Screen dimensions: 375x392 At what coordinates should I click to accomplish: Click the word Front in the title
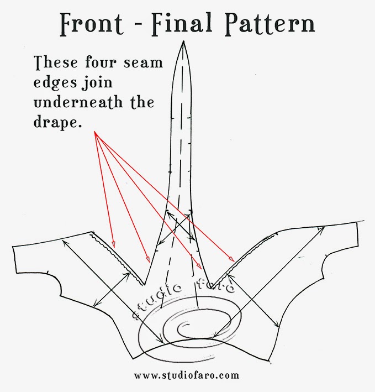[92, 24]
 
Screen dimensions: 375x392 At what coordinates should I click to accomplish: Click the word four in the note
[101, 62]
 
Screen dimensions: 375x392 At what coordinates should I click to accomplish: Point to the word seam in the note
[143, 63]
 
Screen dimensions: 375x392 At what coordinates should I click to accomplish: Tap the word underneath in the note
[78, 102]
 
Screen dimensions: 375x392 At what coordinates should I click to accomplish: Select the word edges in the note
[55, 83]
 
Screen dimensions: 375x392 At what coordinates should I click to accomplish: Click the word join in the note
[97, 82]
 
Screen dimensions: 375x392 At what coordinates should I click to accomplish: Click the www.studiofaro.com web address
[187, 375]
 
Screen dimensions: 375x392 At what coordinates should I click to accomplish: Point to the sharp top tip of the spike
[183, 41]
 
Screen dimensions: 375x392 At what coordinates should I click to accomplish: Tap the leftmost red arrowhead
[114, 244]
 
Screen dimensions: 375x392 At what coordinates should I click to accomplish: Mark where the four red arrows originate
[95, 132]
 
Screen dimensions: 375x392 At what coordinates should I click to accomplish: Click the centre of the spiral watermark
[184, 327]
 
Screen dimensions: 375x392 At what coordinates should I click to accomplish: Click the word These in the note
[56, 62]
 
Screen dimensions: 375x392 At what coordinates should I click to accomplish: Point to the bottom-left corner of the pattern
[133, 358]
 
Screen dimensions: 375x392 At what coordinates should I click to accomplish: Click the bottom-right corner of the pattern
[269, 360]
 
